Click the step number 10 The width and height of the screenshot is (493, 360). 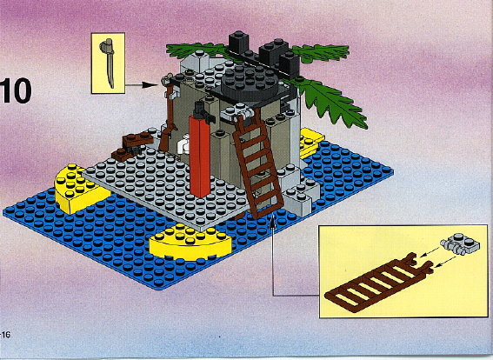click(17, 91)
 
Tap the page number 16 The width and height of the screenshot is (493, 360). click(7, 335)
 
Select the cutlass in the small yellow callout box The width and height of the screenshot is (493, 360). click(109, 61)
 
